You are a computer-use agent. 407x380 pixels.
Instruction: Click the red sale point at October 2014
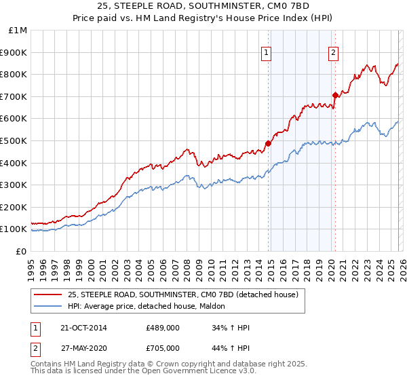point(268,143)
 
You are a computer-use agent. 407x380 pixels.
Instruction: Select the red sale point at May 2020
point(335,95)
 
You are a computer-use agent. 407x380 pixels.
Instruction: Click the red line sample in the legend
point(47,294)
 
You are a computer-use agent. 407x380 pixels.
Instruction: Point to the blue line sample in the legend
point(47,307)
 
